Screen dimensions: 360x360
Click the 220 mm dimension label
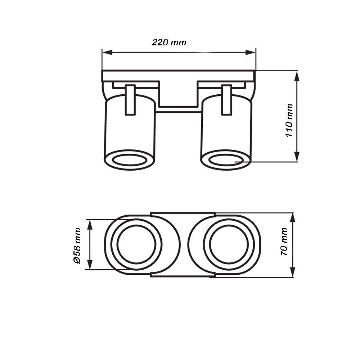click(x=169, y=42)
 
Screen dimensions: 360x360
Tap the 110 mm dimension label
click(x=289, y=120)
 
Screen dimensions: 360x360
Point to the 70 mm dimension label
click(x=284, y=242)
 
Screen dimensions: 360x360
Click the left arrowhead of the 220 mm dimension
click(x=107, y=53)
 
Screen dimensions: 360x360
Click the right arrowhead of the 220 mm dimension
click(x=251, y=53)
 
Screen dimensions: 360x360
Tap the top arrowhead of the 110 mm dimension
click(x=297, y=76)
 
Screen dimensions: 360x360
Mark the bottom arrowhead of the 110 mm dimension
click(x=297, y=157)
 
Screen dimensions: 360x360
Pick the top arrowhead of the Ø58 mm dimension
click(x=90, y=225)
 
